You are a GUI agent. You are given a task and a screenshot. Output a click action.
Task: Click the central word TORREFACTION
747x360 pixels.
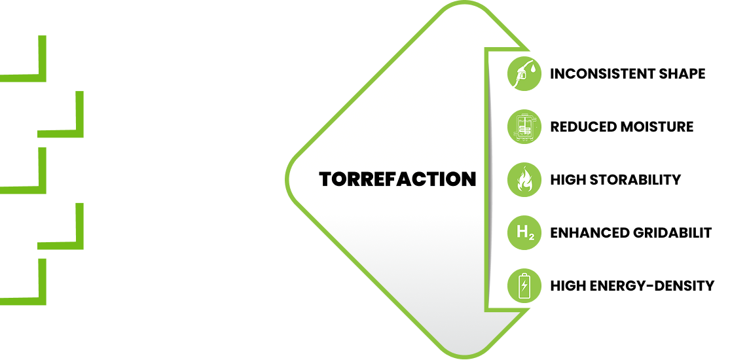397,179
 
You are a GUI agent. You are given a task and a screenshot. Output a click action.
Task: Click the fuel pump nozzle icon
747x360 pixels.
524,73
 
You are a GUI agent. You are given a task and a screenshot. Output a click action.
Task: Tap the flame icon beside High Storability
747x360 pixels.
524,179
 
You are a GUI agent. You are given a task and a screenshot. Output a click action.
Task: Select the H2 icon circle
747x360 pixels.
524,232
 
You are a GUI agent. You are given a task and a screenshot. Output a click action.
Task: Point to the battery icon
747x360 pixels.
524,285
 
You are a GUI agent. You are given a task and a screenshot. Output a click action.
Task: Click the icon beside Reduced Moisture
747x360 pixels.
524,126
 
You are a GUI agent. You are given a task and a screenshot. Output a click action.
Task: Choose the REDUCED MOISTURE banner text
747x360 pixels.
621,126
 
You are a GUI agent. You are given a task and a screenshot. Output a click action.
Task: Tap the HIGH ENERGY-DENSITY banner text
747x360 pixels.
632,285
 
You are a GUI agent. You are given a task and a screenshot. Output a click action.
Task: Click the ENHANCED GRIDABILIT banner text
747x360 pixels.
630,232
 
